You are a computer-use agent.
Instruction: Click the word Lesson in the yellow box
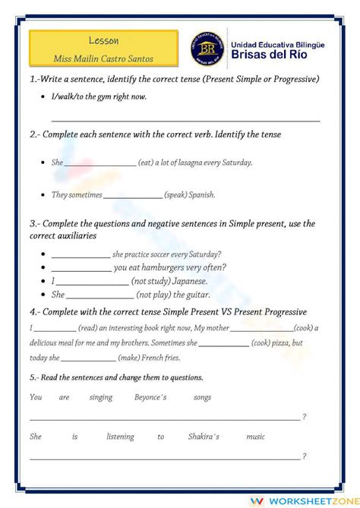click(103, 40)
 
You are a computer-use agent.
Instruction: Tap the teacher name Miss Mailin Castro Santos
click(103, 57)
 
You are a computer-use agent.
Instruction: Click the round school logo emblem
click(206, 49)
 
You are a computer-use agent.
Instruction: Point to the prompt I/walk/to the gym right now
click(99, 96)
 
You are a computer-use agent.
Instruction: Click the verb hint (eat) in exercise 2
click(148, 162)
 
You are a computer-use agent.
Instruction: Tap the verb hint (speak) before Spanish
click(177, 195)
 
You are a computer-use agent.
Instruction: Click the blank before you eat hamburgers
click(81, 267)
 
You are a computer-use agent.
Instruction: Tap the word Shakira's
click(205, 437)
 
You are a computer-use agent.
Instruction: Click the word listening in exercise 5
click(120, 437)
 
